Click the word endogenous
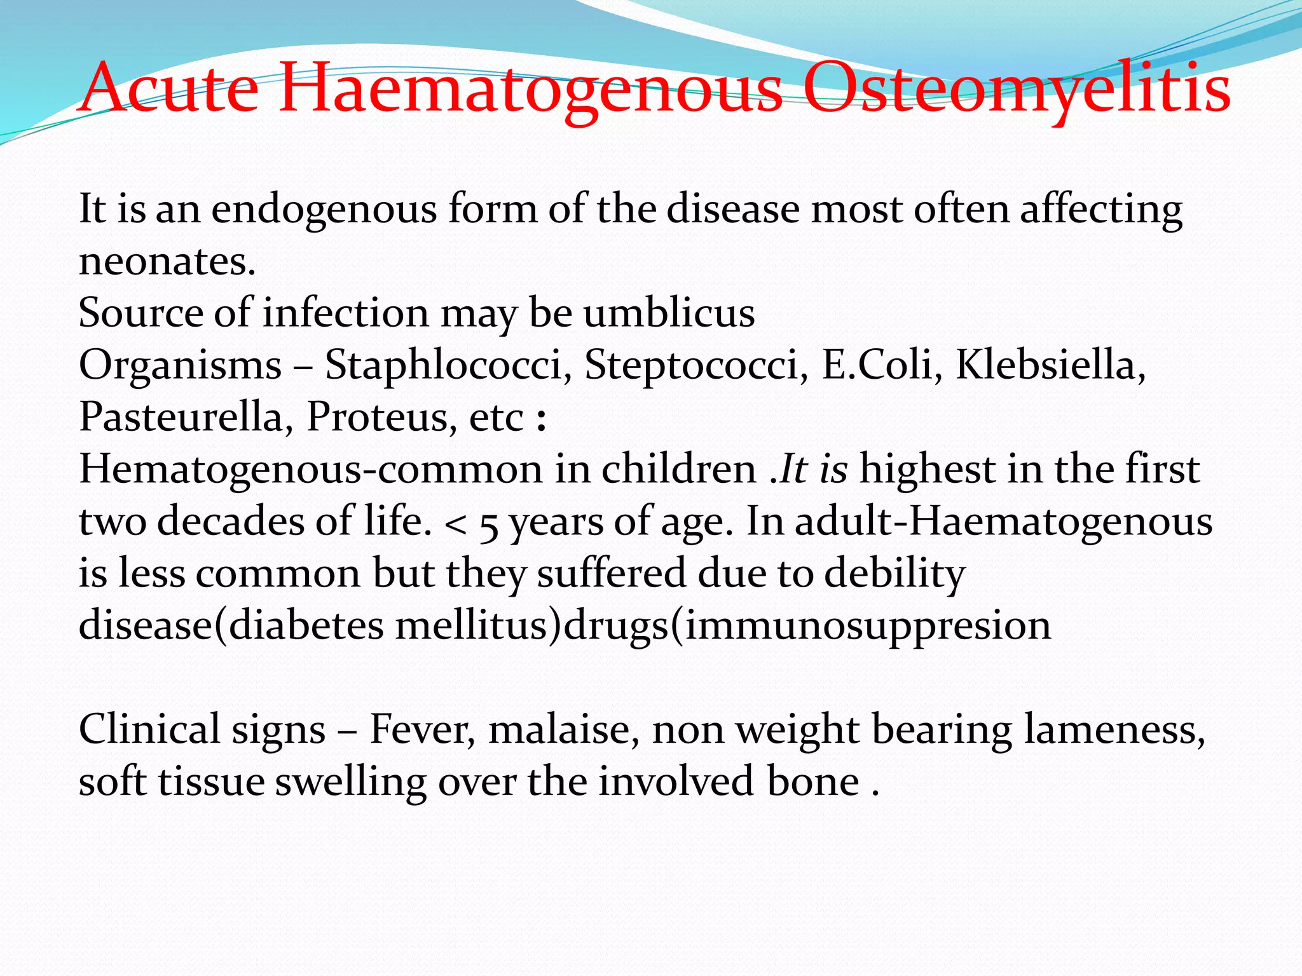coord(324,209)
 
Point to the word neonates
coord(167,261)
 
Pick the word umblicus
coord(669,313)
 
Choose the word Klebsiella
coord(1050,365)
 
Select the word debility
coord(894,574)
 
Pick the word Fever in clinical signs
coord(422,729)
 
